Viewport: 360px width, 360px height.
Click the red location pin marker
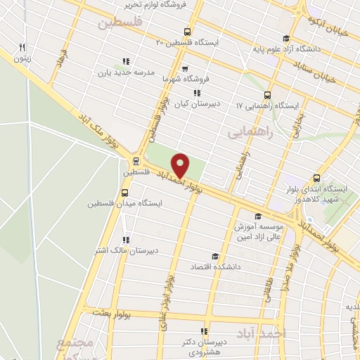pos(181,165)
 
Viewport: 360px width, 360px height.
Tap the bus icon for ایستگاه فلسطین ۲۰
pos(186,32)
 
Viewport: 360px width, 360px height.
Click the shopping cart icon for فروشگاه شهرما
pos(184,69)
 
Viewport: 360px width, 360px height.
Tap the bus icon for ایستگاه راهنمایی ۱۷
pos(266,96)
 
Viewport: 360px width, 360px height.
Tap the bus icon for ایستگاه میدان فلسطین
pos(125,193)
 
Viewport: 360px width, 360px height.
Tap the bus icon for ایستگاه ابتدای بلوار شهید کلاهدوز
pos(317,178)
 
